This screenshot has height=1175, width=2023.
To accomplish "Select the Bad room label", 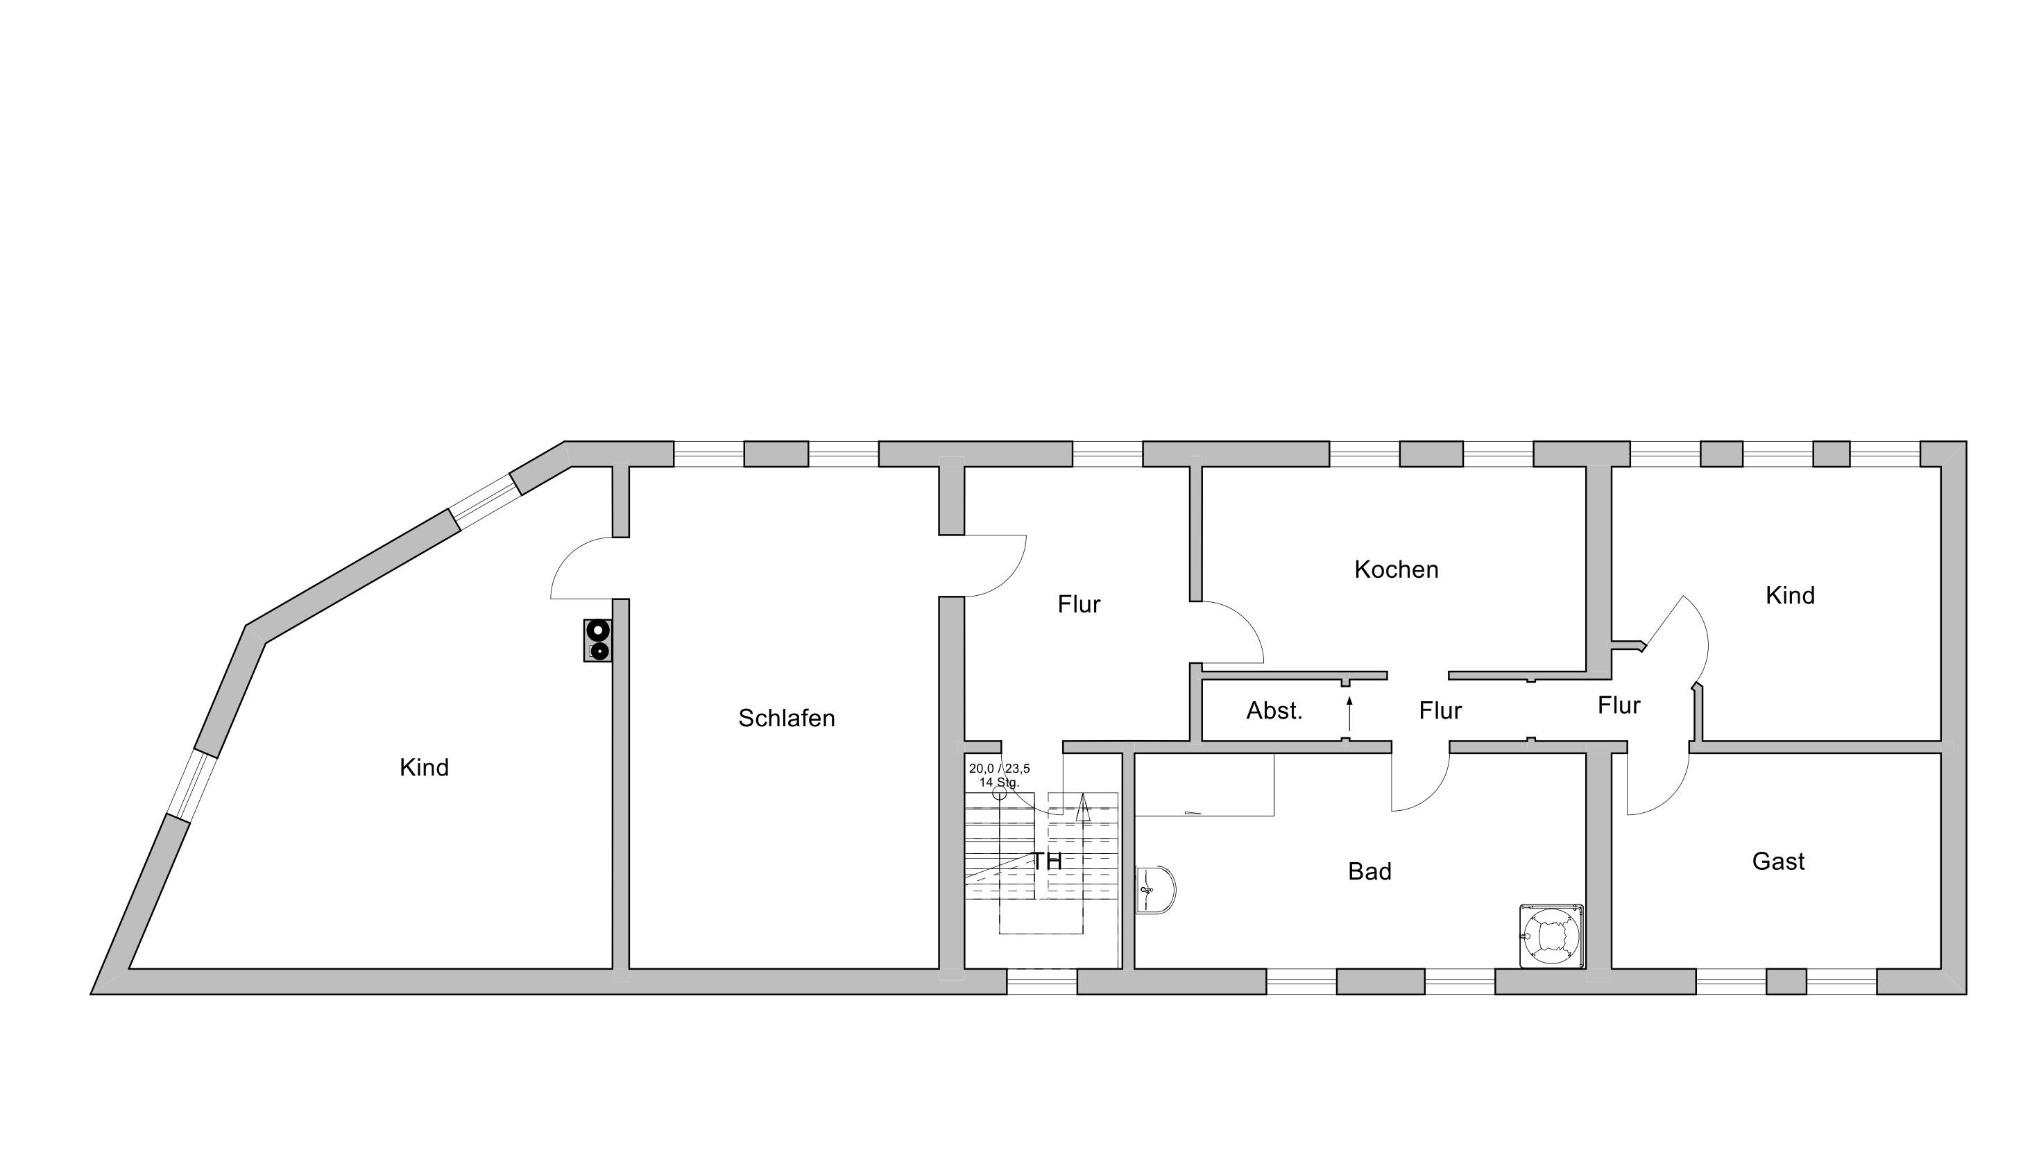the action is coord(1369,870).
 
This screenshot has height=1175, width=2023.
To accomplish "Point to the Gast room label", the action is coord(1778,861).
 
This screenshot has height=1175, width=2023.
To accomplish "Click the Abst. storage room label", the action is coord(1274,710).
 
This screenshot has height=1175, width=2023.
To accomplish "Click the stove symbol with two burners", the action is coord(597,640).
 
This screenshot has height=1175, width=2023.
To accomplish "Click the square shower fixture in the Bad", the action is coord(1551,936).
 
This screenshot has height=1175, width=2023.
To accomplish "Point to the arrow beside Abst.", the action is coord(1349,714).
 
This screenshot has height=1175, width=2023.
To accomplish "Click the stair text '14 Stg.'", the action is coord(998,782).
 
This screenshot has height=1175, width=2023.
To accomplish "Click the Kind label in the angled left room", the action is coord(424,768).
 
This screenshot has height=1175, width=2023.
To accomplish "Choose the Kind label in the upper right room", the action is coord(1789,596).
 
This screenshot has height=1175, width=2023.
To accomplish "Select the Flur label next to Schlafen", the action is coord(1078,604).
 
